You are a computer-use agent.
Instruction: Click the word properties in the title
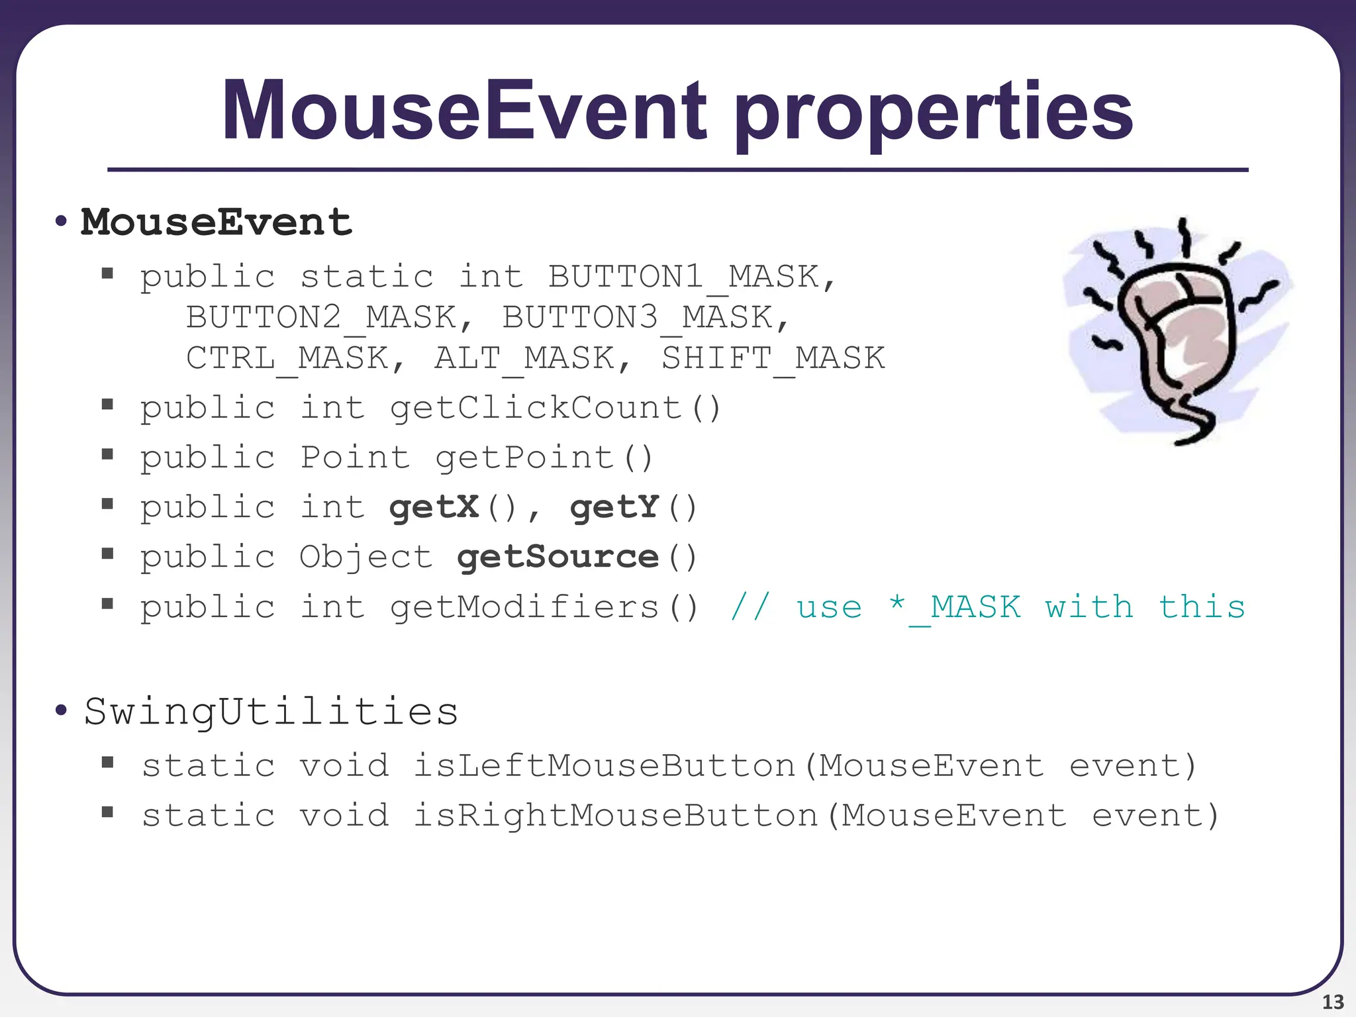tap(934, 114)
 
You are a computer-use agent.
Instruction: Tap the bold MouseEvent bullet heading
tap(216, 222)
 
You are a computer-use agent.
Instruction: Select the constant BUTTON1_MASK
tap(683, 277)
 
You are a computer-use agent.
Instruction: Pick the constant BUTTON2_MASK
tap(320, 317)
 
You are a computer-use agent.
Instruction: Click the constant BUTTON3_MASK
tap(637, 317)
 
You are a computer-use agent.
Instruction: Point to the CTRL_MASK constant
tap(287, 358)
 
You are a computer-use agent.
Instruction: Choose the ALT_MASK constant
tap(524, 358)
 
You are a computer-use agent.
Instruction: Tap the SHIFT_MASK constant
tap(773, 358)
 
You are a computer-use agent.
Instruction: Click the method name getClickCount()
tap(555, 408)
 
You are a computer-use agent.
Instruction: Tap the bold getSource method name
tap(558, 557)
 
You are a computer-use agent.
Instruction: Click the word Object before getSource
tap(365, 557)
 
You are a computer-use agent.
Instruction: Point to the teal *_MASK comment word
tap(954, 607)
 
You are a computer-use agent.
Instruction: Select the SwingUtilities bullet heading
tap(271, 712)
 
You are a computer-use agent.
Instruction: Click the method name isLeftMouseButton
tap(604, 766)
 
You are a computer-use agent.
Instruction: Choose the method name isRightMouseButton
tap(615, 816)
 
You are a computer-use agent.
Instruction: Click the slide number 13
tap(1333, 1002)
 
